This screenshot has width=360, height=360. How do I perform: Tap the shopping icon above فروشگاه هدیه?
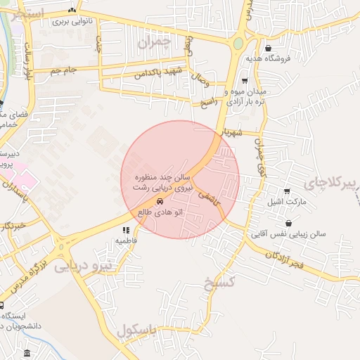tap(269, 49)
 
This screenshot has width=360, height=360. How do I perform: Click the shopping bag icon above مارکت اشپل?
tap(288, 191)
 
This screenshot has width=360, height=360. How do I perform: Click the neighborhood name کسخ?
tap(218, 284)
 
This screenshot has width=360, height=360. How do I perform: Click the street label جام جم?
tap(63, 70)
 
